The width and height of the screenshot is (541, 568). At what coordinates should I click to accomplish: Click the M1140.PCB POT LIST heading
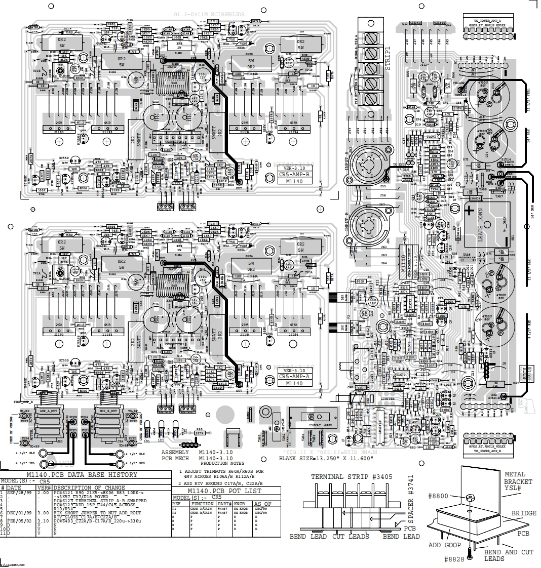point(224,491)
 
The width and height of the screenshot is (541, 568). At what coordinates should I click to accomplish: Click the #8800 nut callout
point(438,496)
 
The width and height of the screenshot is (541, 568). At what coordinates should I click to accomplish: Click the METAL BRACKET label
point(518,478)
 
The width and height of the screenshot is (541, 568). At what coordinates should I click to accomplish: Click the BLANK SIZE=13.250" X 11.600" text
point(326,458)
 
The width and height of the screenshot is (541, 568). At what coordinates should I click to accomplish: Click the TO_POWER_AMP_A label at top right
point(482,21)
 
